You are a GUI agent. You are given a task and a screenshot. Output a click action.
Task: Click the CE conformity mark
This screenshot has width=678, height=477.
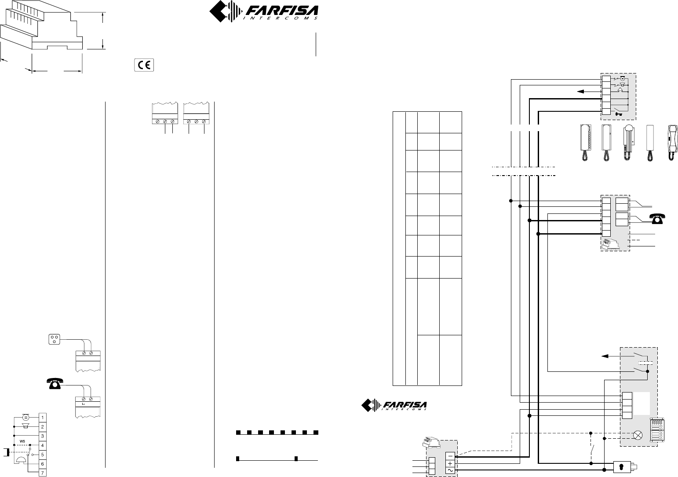point(144,65)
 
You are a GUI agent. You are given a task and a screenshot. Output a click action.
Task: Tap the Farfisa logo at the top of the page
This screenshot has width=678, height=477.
point(264,11)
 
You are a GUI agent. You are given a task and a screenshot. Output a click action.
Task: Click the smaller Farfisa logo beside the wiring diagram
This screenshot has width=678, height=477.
point(394,405)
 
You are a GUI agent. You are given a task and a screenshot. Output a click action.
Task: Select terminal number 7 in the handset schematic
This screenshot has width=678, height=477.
point(42,473)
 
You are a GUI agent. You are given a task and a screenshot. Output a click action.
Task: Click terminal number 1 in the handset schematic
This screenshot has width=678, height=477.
point(42,418)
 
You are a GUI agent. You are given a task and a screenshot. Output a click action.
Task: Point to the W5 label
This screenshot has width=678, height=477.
point(22,441)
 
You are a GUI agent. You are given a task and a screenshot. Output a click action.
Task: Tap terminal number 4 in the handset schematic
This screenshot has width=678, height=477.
point(42,445)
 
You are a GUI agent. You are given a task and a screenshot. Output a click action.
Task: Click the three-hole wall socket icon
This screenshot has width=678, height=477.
point(55,340)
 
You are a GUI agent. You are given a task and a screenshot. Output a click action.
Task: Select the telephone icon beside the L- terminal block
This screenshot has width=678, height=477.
point(55,383)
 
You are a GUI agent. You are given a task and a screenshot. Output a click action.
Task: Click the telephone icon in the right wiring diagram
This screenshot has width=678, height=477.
point(657,219)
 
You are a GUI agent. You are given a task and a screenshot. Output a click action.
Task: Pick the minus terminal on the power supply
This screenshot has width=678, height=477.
point(450,456)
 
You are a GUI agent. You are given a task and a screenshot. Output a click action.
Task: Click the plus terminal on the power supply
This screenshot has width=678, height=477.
point(450,463)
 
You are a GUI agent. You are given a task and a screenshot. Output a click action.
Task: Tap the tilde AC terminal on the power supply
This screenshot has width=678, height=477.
point(450,471)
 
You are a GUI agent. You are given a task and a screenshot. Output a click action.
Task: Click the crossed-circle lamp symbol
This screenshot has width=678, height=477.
point(638,436)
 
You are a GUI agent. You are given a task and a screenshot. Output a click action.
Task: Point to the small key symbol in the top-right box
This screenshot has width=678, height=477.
point(619,114)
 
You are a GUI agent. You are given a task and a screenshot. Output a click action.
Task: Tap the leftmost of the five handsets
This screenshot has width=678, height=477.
point(586,143)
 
